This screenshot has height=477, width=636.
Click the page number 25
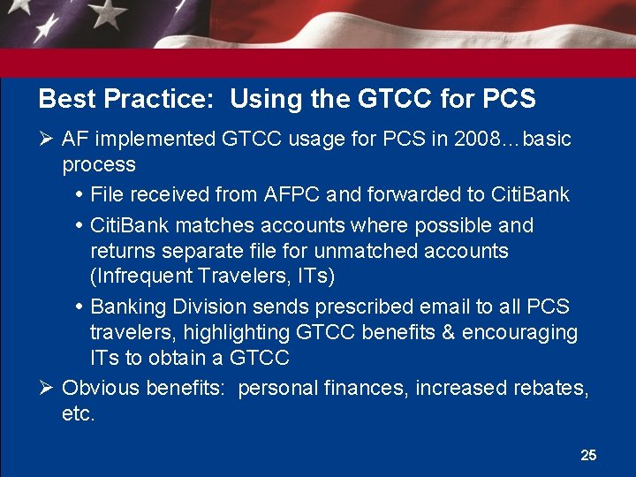pyautogui.click(x=588, y=455)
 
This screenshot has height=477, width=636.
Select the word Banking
pyautogui.click(x=127, y=307)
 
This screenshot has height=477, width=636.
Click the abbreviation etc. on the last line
pyautogui.click(x=78, y=413)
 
